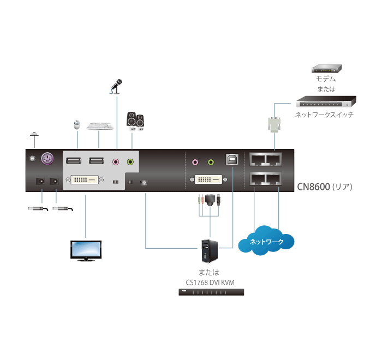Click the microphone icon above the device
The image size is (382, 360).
point(117,85)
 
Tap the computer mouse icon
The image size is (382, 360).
point(77,125)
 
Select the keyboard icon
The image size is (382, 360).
point(100,125)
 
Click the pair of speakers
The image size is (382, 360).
point(135,120)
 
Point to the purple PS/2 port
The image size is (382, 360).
point(47,159)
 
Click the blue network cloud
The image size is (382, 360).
point(266,241)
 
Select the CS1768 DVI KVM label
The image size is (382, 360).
point(211,282)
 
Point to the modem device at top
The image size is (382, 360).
point(326,69)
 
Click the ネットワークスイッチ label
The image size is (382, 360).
point(324,115)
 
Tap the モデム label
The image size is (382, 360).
point(326,79)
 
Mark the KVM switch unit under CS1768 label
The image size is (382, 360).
point(211,292)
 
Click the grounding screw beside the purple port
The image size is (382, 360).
point(32,159)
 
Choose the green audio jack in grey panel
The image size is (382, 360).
point(130,161)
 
